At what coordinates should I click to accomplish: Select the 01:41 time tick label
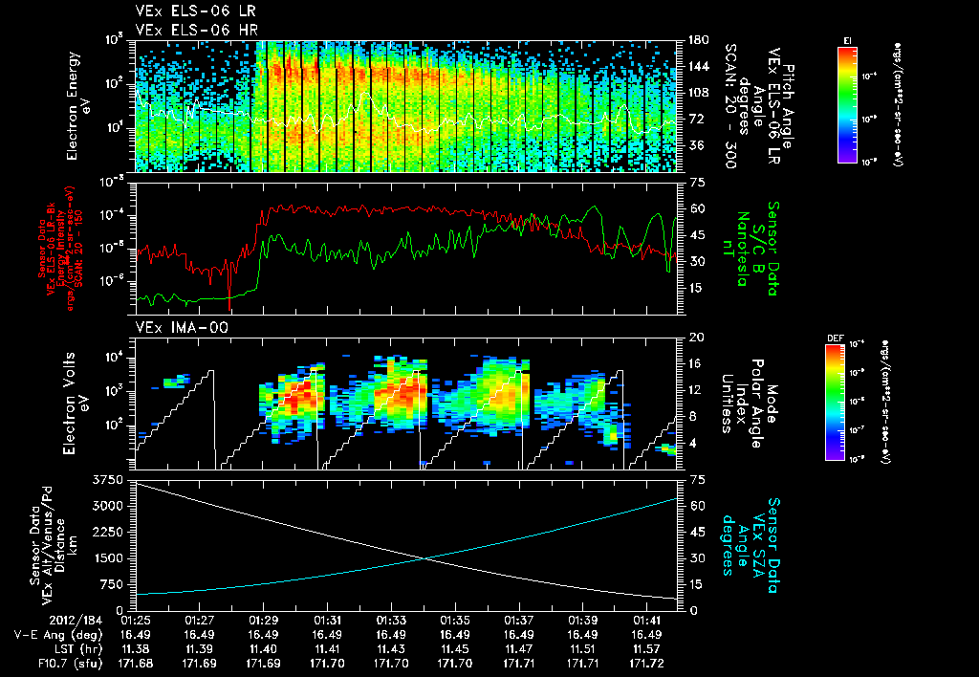pyautogui.click(x=647, y=620)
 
